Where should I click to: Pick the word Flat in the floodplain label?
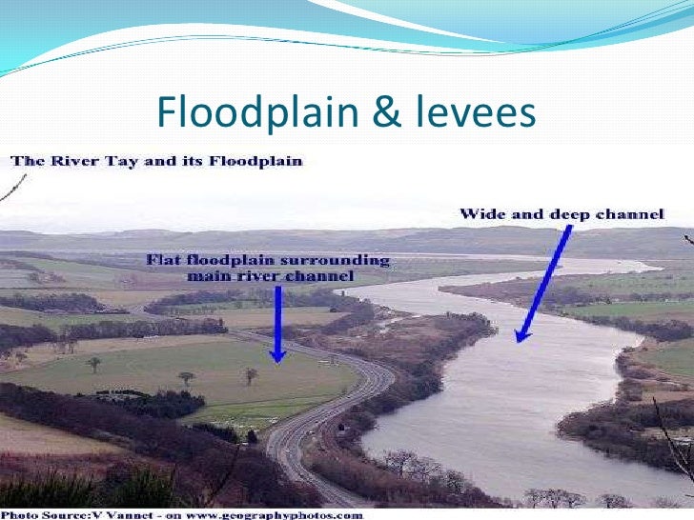165,260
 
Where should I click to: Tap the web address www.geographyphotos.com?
286,514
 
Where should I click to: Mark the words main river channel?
270,276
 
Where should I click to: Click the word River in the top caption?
71,161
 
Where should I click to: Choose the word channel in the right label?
630,213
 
